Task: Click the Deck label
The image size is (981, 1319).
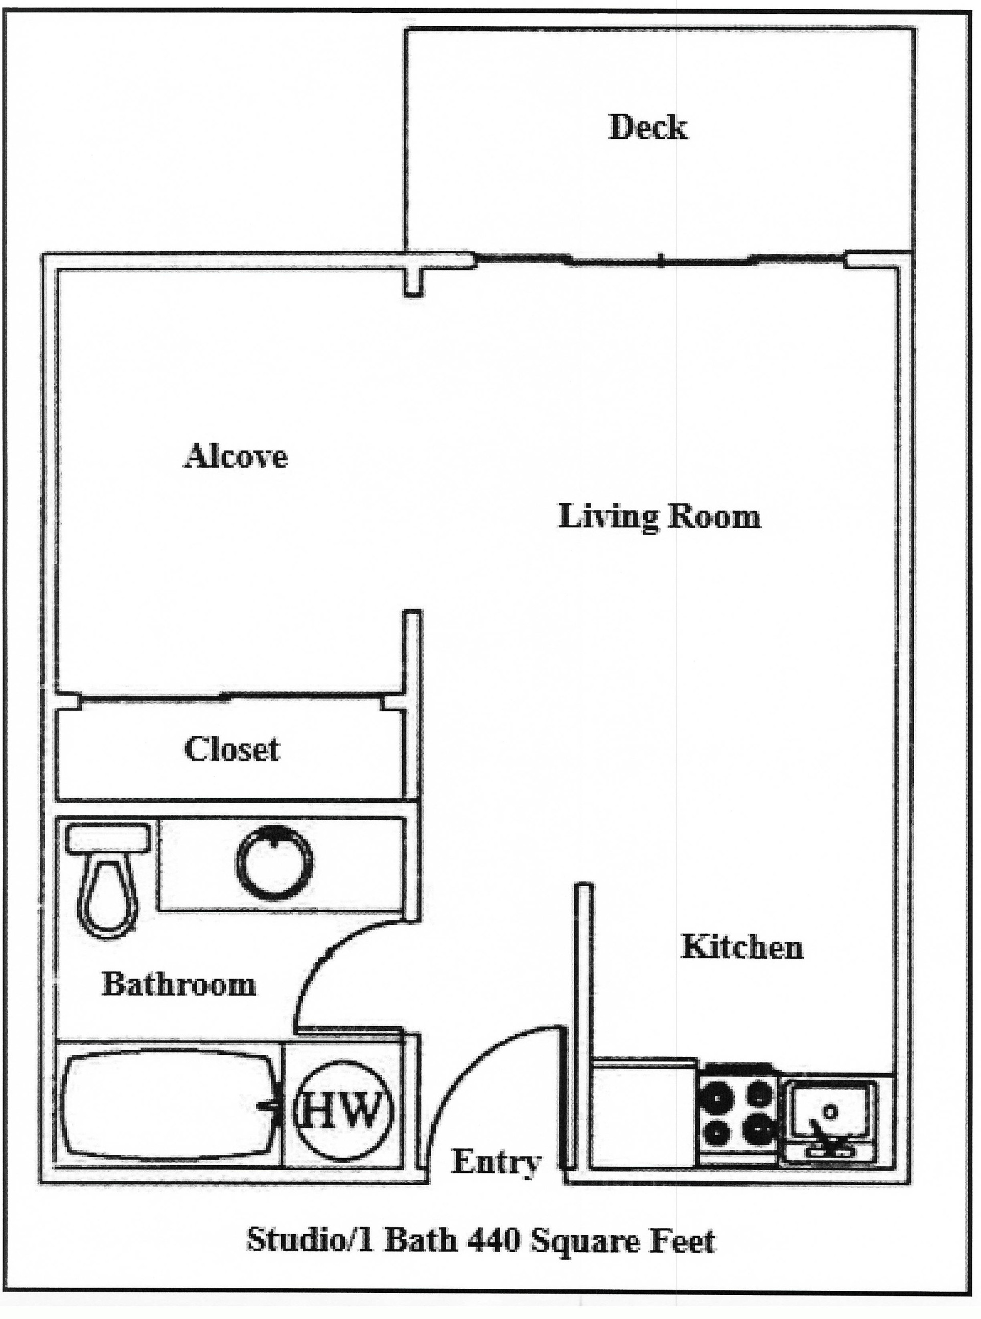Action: pyautogui.click(x=648, y=128)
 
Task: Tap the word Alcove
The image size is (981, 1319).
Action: pyautogui.click(x=235, y=457)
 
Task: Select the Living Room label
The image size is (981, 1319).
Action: pyautogui.click(x=659, y=517)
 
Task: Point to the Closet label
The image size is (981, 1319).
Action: pyautogui.click(x=231, y=750)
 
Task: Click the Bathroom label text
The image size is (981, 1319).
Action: pyautogui.click(x=179, y=984)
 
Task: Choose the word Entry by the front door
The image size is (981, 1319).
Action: pyautogui.click(x=496, y=1162)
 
